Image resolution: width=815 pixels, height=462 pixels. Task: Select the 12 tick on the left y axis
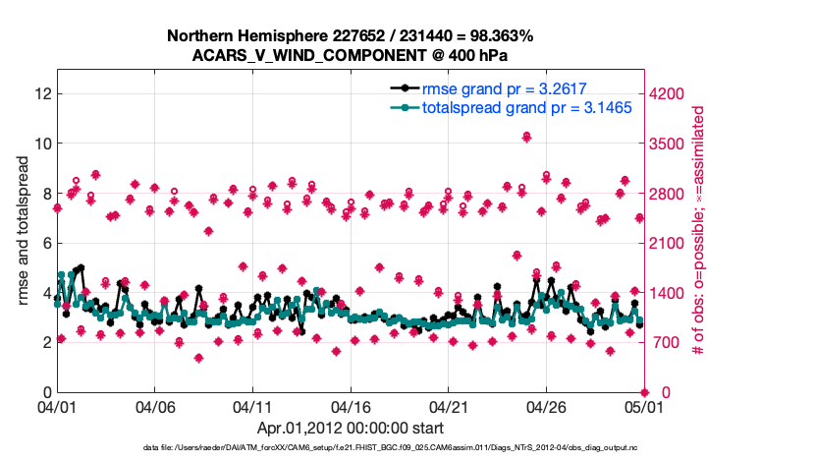point(42,93)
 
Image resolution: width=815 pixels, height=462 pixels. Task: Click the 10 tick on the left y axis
point(42,144)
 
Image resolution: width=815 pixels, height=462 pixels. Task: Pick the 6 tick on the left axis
point(46,243)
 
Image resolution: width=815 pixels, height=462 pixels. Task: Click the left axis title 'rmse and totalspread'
point(23,231)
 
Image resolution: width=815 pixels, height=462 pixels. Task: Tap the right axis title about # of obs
point(700,231)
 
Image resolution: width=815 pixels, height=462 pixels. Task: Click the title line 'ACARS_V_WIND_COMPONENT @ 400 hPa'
point(351,56)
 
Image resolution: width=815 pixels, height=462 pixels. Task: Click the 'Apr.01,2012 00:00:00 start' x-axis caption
point(351,428)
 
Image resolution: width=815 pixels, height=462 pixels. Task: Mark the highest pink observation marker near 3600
point(527,137)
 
